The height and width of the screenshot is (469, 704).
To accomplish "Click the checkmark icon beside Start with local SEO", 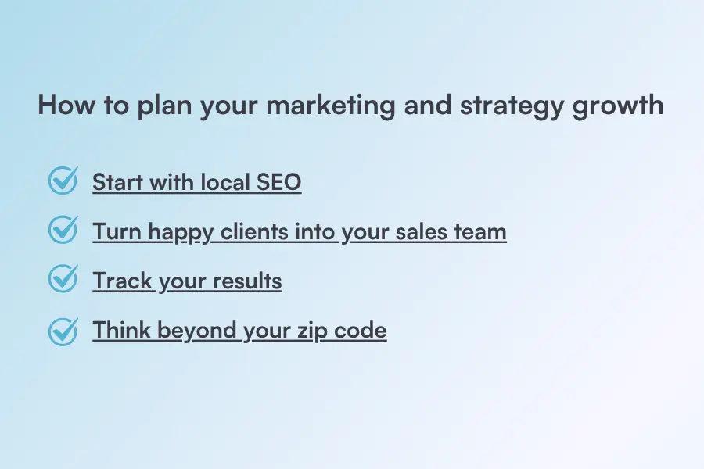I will point(63,181).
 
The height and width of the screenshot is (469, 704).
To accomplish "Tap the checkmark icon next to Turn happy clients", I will point(63,231).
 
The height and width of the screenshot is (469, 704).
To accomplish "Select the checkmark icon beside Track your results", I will point(63,280).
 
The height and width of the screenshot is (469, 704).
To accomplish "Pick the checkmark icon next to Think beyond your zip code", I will point(63,329).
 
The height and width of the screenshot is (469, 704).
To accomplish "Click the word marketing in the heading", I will point(331,106).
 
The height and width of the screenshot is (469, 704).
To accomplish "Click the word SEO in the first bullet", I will point(278,183).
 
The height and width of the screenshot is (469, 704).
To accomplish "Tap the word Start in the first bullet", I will point(114,183).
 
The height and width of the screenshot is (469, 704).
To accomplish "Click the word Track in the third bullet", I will point(120,281).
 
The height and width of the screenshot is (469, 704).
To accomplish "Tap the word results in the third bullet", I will point(248,281).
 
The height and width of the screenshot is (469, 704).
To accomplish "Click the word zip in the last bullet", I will point(311,331).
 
